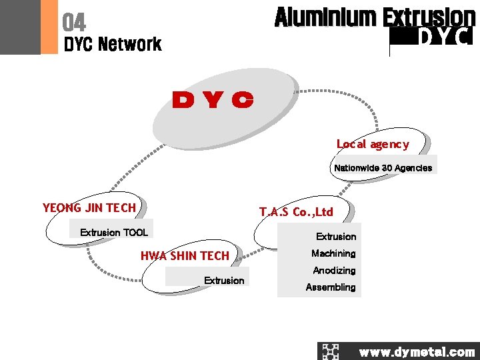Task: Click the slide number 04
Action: (x=74, y=23)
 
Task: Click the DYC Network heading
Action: (x=112, y=45)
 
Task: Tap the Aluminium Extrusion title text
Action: (x=375, y=17)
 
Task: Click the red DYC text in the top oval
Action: (x=213, y=101)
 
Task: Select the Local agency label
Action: (x=372, y=144)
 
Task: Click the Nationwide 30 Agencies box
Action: (x=383, y=168)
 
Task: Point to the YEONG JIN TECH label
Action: (x=89, y=207)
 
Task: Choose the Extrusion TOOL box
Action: (x=113, y=233)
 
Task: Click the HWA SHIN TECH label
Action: (x=185, y=255)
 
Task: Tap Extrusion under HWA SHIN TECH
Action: (x=224, y=281)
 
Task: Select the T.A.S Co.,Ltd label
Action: (x=296, y=212)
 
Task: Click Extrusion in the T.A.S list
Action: (x=336, y=237)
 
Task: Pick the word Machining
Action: (x=333, y=253)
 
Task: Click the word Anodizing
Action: (x=334, y=271)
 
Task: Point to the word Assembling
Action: (x=331, y=287)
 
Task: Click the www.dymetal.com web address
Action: (x=417, y=352)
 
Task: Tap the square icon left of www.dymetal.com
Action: (x=331, y=351)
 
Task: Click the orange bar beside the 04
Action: (x=49, y=27)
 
